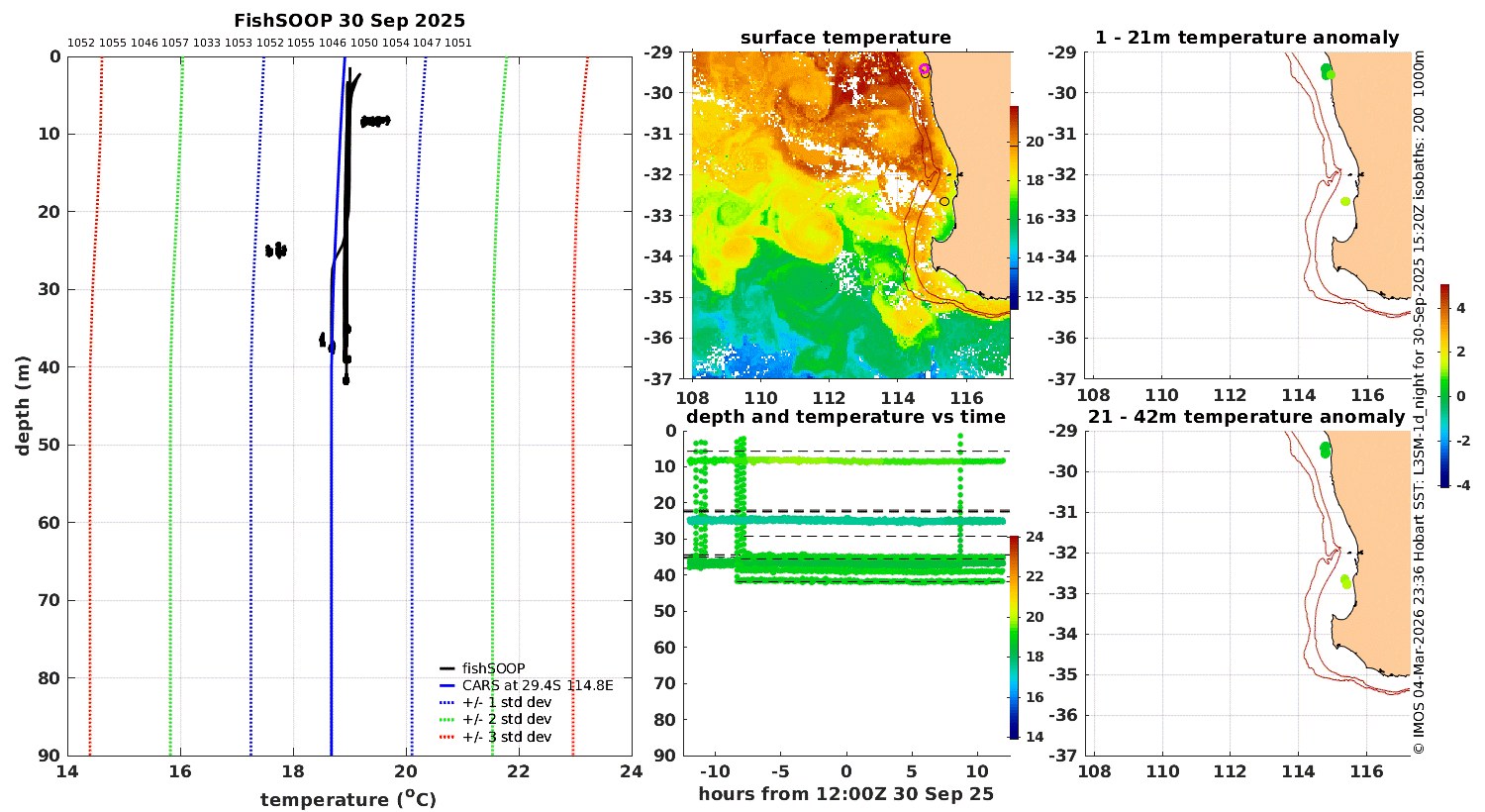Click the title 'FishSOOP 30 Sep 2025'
coord(349,21)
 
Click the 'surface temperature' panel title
coord(845,38)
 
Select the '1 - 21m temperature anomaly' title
coord(1246,38)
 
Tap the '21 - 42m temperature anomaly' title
coord(1246,416)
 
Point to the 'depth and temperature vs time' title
coord(845,416)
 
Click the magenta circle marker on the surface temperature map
coord(924,69)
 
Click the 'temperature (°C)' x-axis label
coord(348,799)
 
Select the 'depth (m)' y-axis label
coord(23,406)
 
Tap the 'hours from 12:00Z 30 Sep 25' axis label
coord(845,794)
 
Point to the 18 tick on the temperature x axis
coord(293,770)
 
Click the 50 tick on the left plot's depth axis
coord(50,445)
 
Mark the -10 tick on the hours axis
coord(715,771)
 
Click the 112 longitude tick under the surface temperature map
coord(829,398)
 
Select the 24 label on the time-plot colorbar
coord(1035,537)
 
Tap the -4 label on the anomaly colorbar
coord(1462,486)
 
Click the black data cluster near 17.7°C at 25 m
coord(276,251)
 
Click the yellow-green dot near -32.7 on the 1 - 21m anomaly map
coord(1345,201)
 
